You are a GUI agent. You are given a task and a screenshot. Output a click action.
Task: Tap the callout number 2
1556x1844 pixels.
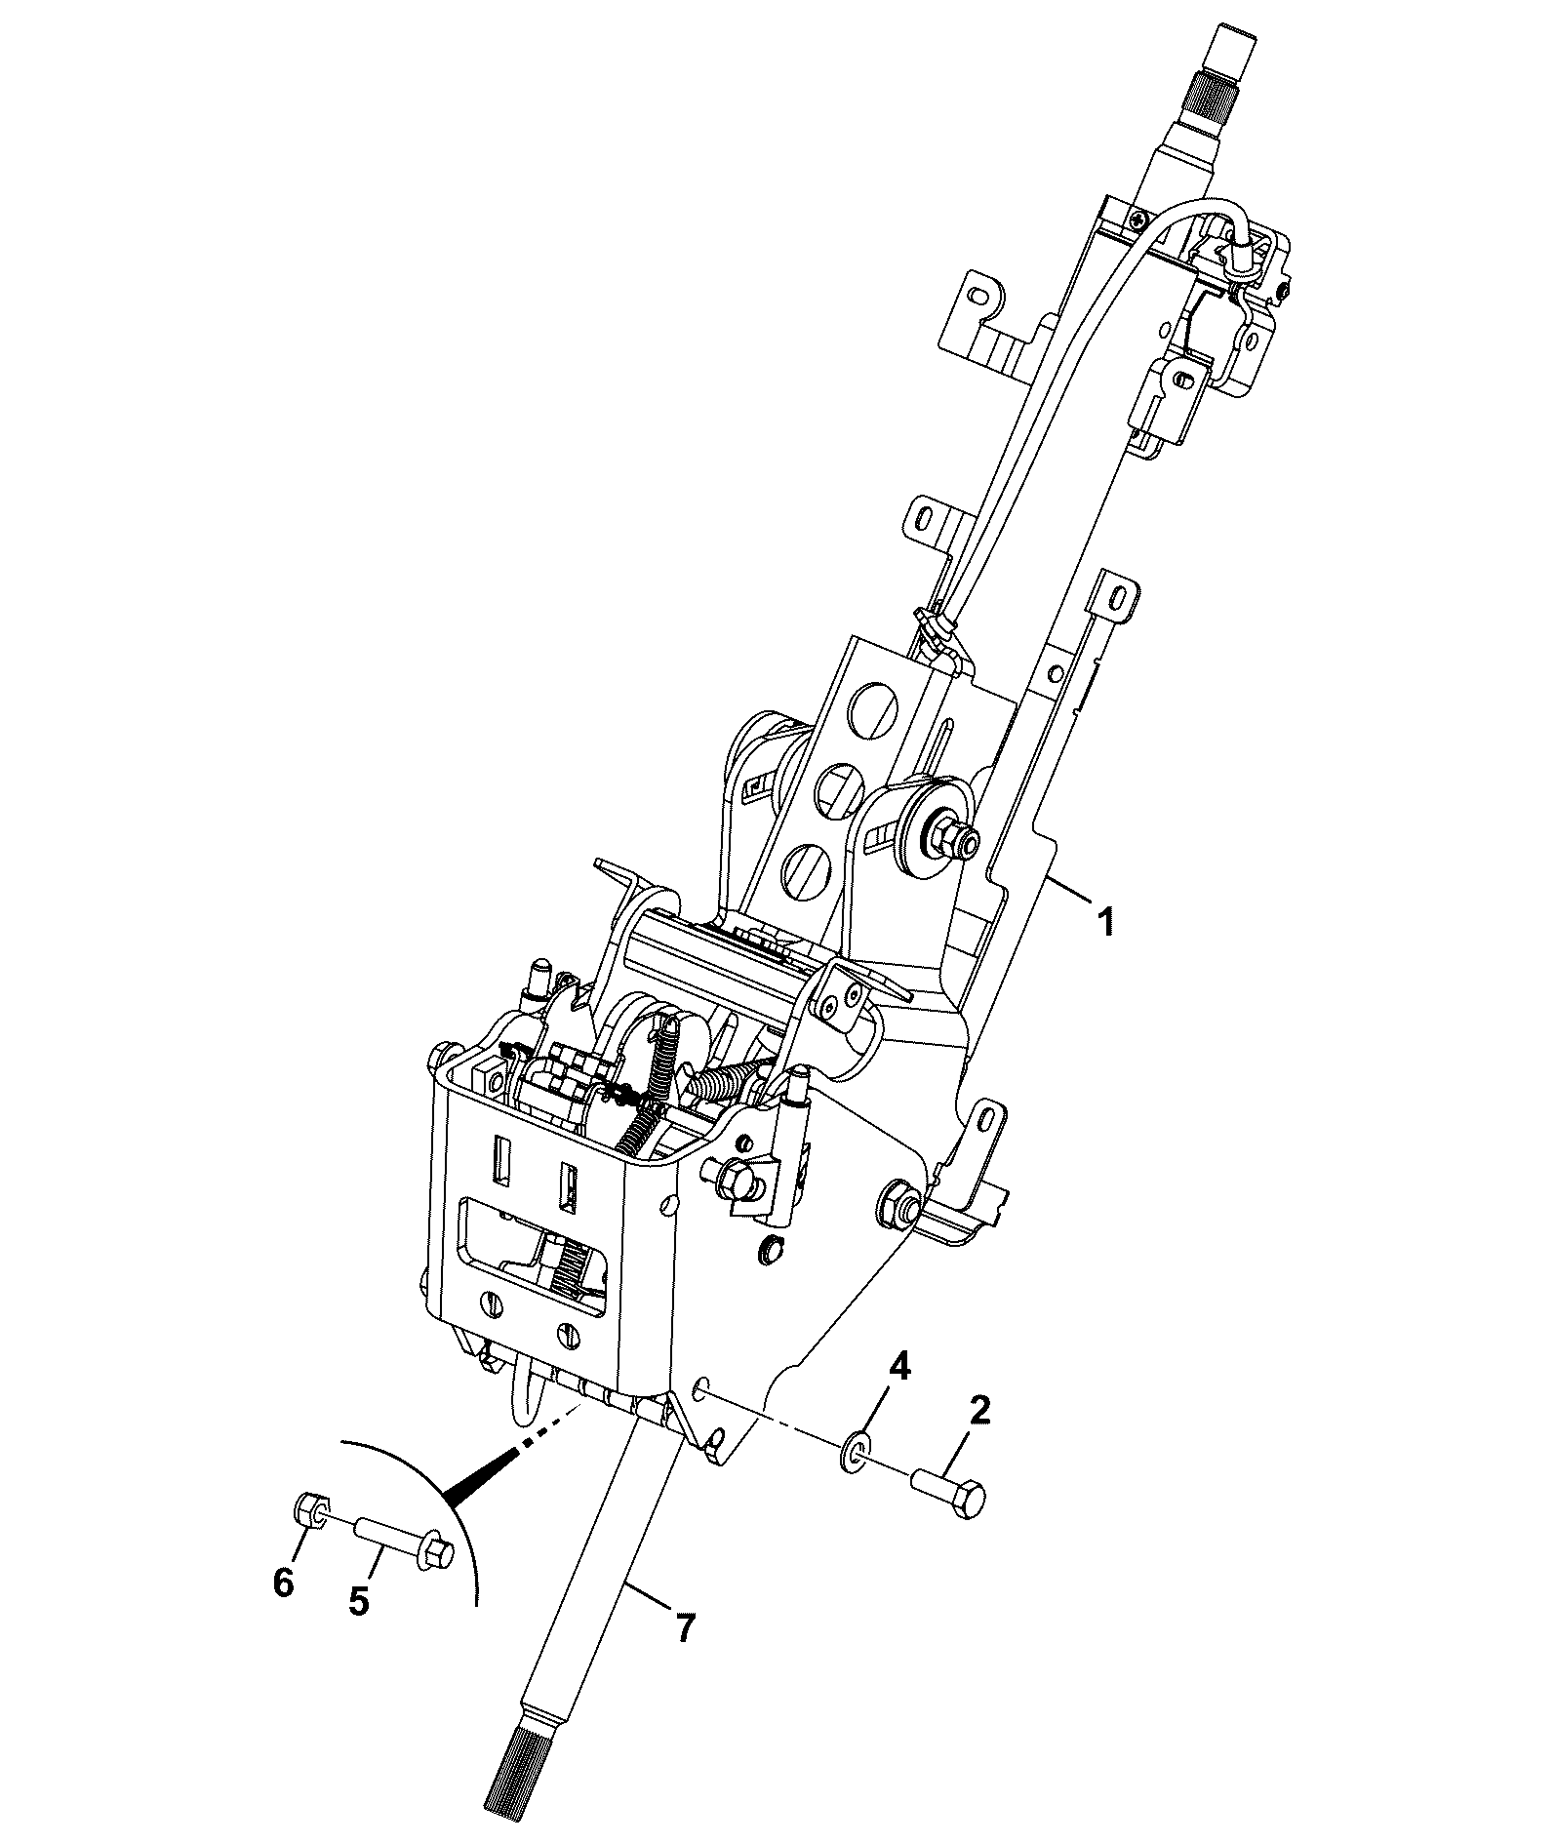(x=979, y=1409)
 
